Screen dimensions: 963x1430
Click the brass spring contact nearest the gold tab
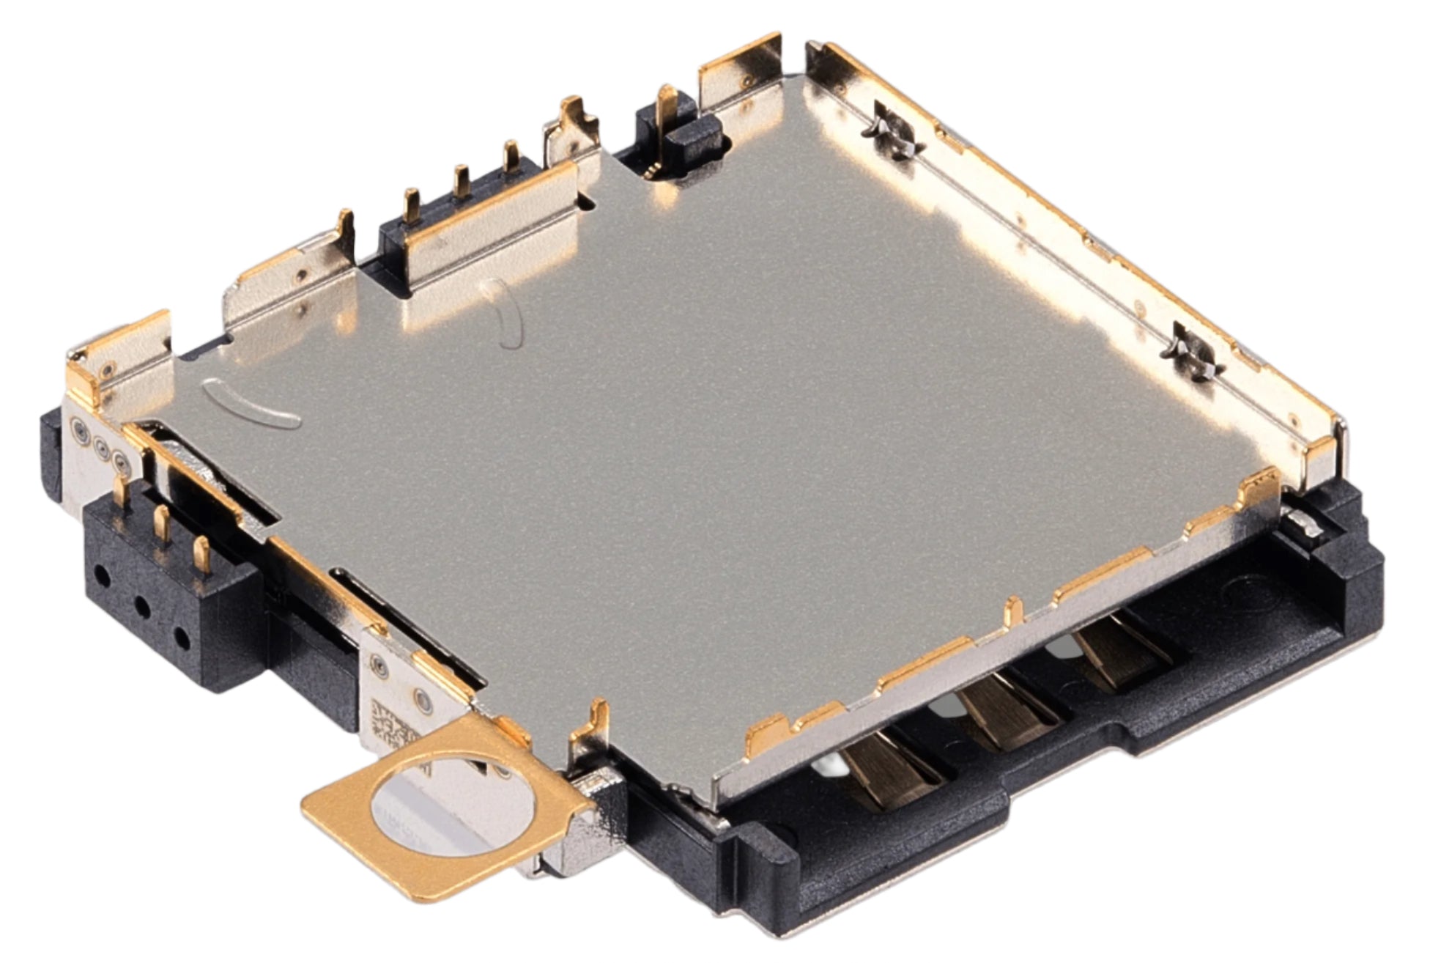coord(890,770)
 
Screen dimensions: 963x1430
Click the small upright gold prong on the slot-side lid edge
coord(1013,608)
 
